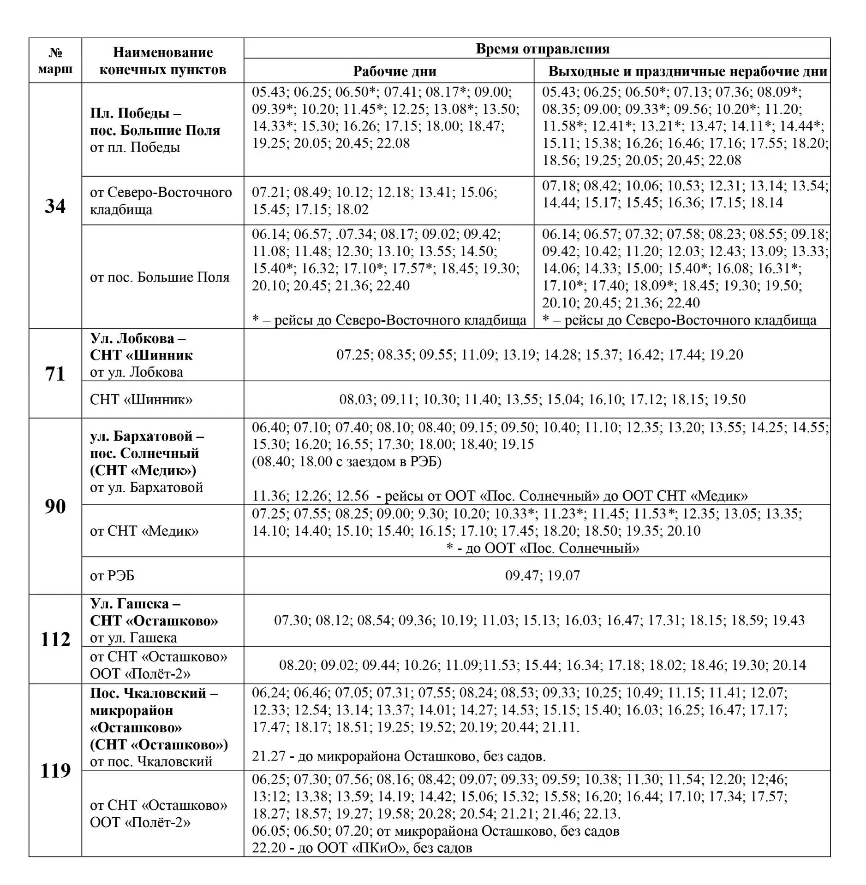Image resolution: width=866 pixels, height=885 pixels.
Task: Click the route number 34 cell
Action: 55,206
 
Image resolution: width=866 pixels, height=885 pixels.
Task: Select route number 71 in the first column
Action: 55,374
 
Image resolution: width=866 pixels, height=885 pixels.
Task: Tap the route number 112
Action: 55,639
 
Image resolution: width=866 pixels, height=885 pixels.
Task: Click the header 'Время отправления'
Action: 542,48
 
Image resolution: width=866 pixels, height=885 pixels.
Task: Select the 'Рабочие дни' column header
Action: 394,71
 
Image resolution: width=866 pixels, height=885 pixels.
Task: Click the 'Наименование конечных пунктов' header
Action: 162,60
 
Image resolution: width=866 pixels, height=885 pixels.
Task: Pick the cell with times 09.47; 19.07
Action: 542,575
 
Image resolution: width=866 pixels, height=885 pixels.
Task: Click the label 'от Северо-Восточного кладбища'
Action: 161,201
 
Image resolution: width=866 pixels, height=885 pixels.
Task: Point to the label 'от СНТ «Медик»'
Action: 144,531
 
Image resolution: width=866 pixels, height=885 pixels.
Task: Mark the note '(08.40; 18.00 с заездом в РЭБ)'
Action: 346,461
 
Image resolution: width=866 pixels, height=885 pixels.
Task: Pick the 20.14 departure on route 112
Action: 789,665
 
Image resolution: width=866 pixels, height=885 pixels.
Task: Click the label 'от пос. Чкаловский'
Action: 151,761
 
